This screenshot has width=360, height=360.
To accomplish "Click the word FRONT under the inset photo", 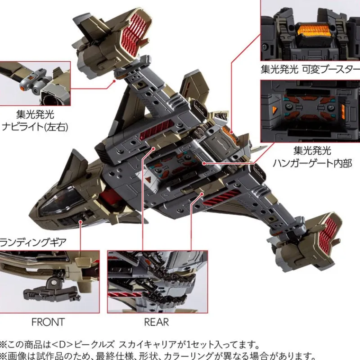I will click(48, 322).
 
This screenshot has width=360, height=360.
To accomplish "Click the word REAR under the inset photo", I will click(156, 322).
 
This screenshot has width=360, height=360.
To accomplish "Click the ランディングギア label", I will click(34, 243).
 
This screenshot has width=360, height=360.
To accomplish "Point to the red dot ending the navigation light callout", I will click(114, 81).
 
